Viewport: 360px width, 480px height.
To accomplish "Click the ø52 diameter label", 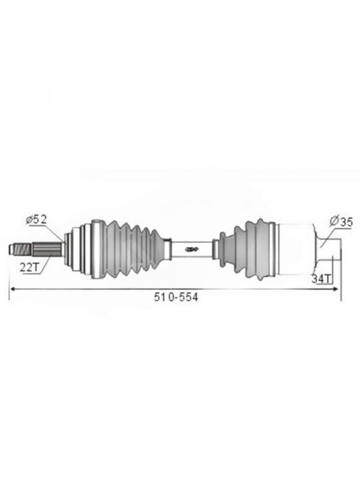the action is (36, 219).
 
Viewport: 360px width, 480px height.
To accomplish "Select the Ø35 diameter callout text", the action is (341, 221).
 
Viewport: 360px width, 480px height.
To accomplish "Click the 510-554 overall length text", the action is (176, 296).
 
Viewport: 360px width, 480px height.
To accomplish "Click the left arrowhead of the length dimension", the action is (12, 289).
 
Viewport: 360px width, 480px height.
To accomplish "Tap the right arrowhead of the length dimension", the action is (336, 289).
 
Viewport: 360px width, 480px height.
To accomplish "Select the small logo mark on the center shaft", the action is (191, 248).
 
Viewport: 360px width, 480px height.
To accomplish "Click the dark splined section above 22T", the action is (47, 249).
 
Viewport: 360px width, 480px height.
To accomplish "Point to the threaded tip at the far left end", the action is (20, 248).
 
